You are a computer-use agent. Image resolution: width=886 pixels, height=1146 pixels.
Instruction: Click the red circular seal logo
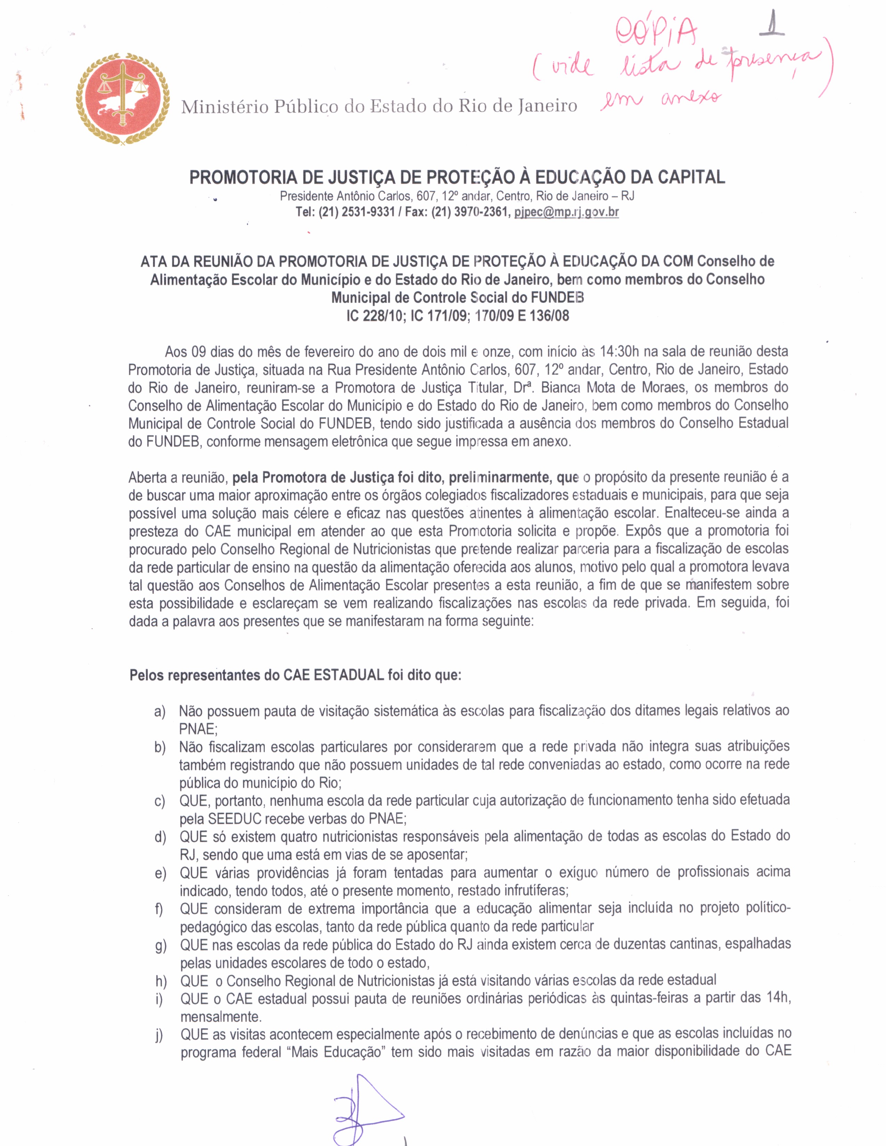coord(122,99)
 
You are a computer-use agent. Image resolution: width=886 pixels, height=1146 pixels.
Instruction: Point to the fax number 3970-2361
coord(480,212)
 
